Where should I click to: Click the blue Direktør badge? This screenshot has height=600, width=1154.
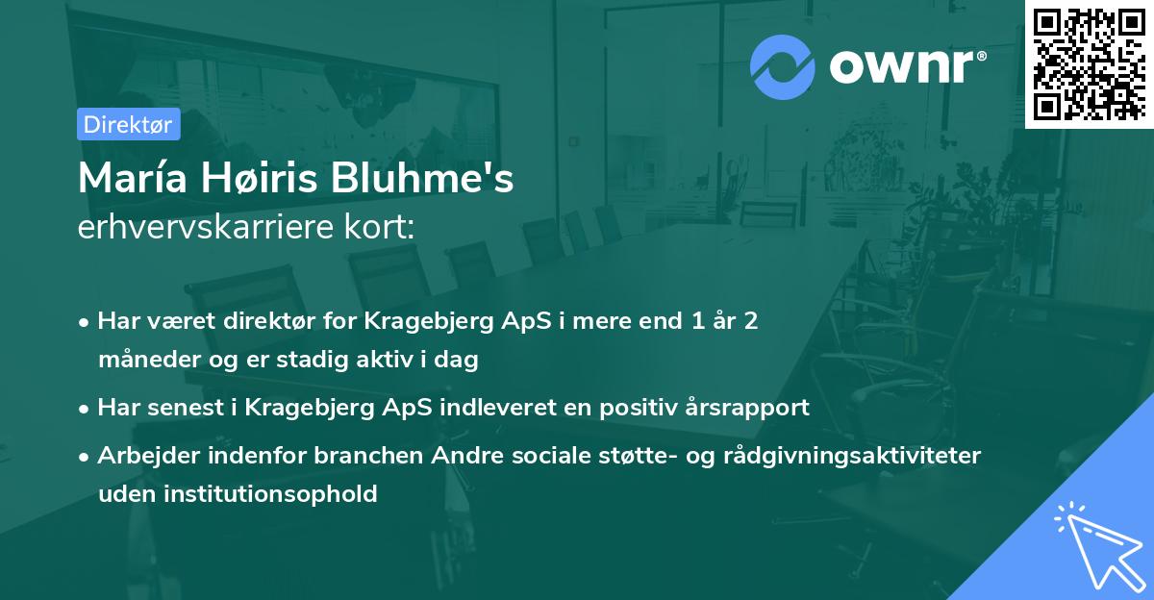pyautogui.click(x=128, y=125)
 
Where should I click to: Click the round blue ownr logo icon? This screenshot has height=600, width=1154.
pyautogui.click(x=783, y=67)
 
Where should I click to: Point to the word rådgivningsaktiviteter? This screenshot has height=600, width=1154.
pyautogui.click(x=863, y=456)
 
